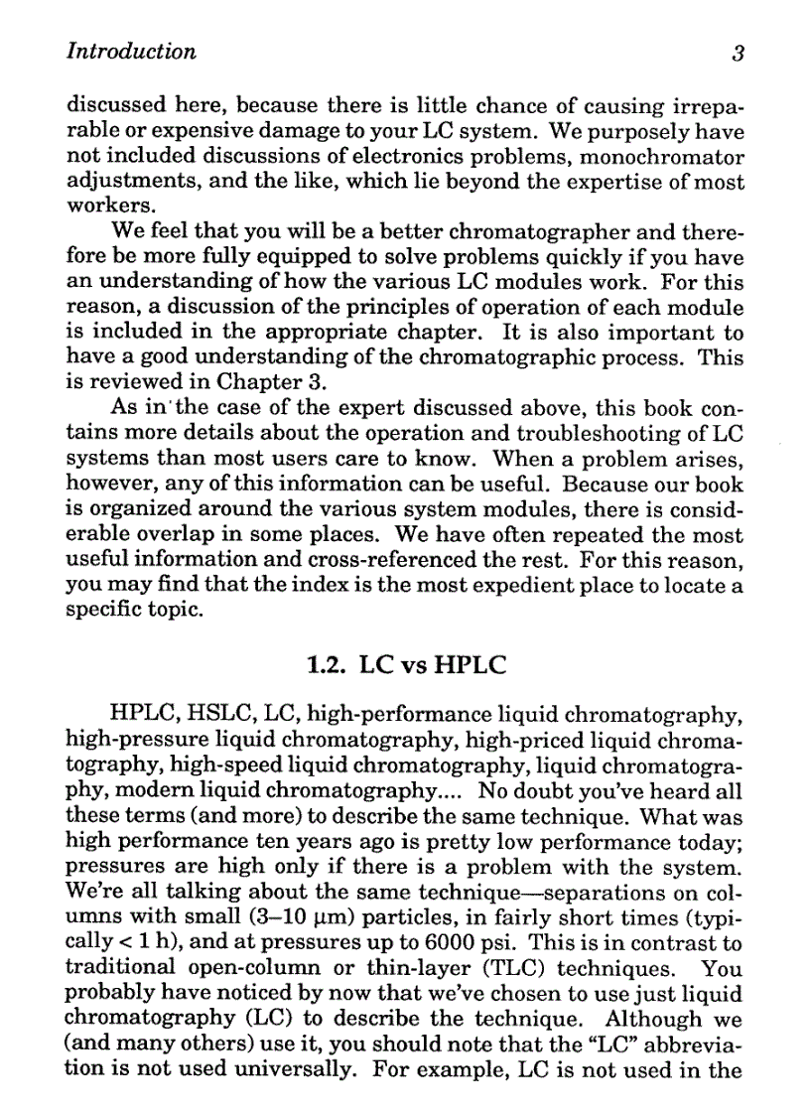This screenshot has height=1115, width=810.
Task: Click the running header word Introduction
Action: pos(131,52)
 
